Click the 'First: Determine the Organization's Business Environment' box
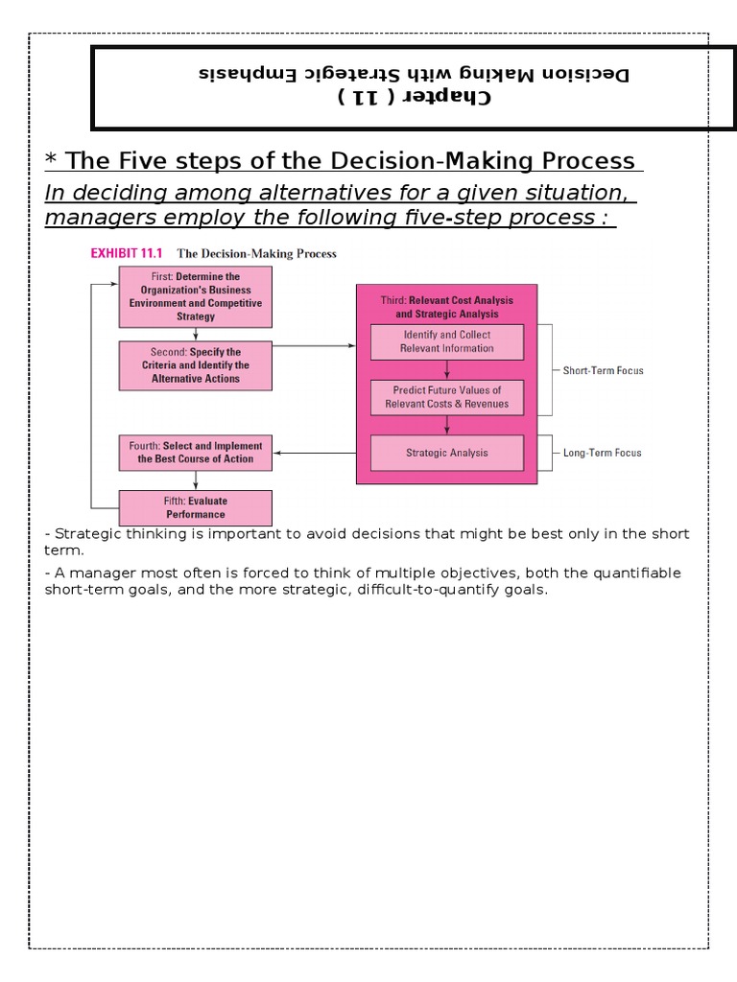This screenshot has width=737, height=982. click(195, 296)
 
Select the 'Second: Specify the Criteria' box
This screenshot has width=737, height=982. click(195, 365)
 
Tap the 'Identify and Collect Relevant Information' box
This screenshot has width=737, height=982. click(446, 341)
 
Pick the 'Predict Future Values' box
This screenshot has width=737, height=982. click(446, 397)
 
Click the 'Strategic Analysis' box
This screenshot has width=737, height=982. click(446, 453)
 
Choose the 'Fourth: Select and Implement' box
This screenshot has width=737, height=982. click(195, 453)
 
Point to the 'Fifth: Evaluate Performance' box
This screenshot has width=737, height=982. click(195, 507)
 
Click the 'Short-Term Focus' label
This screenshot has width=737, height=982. click(603, 370)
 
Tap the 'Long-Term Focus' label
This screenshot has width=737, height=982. click(603, 453)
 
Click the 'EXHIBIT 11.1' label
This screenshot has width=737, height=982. click(127, 254)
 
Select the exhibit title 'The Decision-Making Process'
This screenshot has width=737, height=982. click(256, 254)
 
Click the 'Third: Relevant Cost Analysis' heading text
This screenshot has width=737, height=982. click(446, 307)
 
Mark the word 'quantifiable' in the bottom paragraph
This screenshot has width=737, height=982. click(633, 573)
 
